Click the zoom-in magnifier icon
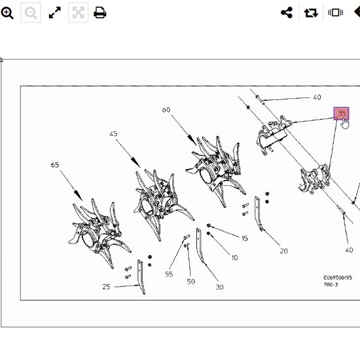click(7, 12)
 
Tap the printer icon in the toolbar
click(100, 12)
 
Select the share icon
click(287, 12)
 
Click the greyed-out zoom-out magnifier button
click(31, 12)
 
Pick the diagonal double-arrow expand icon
click(55, 12)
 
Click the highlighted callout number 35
click(342, 113)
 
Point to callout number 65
click(55, 165)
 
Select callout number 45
click(113, 134)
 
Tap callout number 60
click(166, 110)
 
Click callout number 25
click(106, 287)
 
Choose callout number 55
click(169, 274)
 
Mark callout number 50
click(190, 281)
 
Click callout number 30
click(219, 287)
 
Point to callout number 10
click(234, 258)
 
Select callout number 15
click(245, 238)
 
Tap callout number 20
click(284, 251)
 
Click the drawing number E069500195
click(338, 278)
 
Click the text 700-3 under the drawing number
click(331, 285)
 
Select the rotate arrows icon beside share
click(311, 12)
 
